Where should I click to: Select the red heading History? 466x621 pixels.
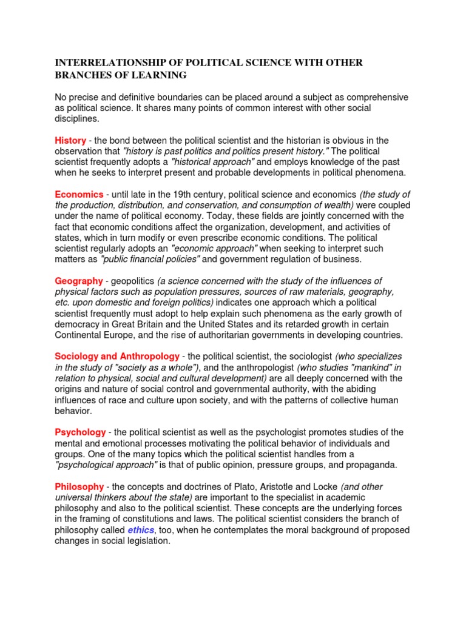coord(70,140)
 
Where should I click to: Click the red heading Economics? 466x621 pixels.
coord(79,195)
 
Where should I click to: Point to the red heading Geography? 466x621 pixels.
coord(79,281)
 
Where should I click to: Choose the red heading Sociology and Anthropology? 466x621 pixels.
coord(117,356)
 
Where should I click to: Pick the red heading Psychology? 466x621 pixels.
coord(81,432)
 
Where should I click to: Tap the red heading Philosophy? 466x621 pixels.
coord(79,486)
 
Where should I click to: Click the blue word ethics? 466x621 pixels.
coord(140,530)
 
